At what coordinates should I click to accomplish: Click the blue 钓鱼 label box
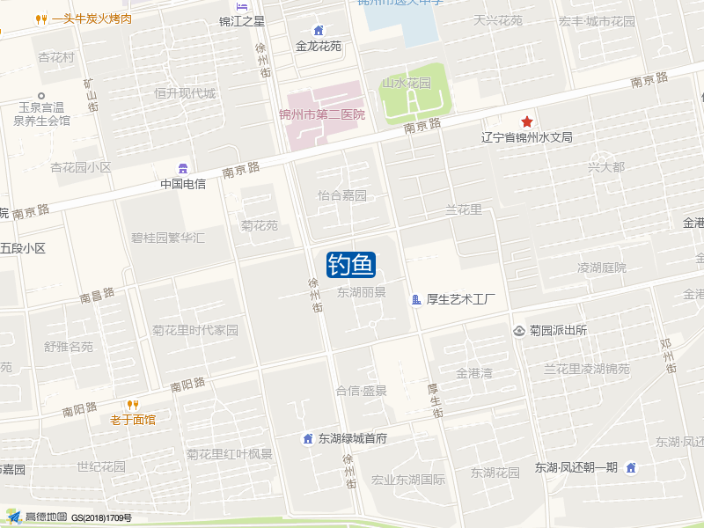[351, 264]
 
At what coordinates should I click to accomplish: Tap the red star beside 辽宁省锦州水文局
[527, 121]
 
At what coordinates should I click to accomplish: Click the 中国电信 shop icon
[183, 168]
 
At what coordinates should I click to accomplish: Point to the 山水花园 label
[407, 83]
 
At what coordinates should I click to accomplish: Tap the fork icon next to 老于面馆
[133, 405]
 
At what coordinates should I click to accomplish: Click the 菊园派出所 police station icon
[519, 331]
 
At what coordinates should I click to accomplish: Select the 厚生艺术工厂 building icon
[416, 300]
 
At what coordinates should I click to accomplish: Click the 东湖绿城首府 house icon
[308, 438]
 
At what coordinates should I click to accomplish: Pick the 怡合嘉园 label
[342, 195]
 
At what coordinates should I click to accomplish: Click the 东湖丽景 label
[362, 291]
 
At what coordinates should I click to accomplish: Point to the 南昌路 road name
[98, 297]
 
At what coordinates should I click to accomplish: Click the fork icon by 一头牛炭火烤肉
[40, 18]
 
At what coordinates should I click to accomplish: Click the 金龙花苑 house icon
[319, 31]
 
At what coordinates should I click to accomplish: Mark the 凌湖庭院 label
[602, 268]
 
